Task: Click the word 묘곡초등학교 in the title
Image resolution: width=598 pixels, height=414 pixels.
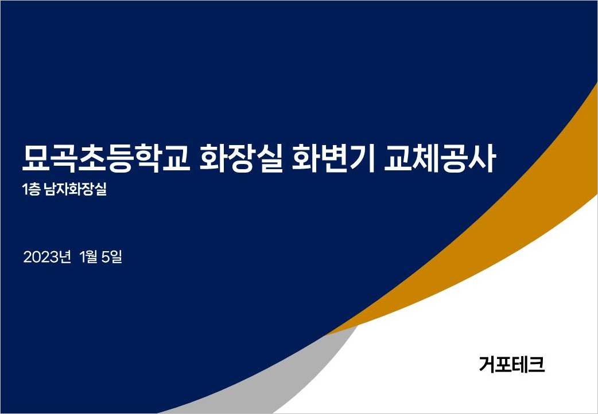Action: pyautogui.click(x=106, y=158)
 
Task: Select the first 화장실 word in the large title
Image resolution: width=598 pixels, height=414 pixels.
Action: pyautogui.click(x=242, y=158)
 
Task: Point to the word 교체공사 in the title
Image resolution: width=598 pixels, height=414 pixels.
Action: pyautogui.click(x=440, y=158)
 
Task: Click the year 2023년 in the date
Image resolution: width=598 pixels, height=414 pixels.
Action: pyautogui.click(x=47, y=257)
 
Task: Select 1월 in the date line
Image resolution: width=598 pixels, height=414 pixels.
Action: pyautogui.click(x=89, y=257)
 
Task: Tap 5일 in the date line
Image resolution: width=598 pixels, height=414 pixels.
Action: pyautogui.click(x=112, y=257)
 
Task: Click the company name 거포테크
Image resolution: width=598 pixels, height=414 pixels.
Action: pyautogui.click(x=512, y=365)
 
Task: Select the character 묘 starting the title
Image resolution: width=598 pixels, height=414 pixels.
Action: pyautogui.click(x=36, y=158)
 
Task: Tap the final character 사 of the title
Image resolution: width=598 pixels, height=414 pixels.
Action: pyautogui.click(x=483, y=158)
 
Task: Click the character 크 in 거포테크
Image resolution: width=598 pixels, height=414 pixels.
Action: pyautogui.click(x=537, y=365)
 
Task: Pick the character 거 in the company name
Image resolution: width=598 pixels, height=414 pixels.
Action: pyautogui.click(x=487, y=365)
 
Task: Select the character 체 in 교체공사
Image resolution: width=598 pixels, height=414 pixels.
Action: pyautogui.click(x=426, y=158)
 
